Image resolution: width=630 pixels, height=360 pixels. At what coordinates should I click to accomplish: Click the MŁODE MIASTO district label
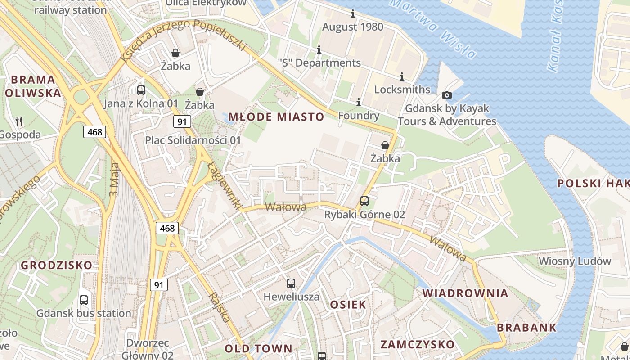[276, 117]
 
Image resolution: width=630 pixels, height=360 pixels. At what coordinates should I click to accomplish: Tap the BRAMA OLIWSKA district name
[33, 86]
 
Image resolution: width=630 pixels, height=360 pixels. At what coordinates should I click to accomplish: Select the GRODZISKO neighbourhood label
[56, 265]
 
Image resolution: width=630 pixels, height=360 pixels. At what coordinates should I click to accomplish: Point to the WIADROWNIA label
[465, 293]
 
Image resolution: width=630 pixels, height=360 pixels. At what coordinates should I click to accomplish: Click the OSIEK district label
[348, 305]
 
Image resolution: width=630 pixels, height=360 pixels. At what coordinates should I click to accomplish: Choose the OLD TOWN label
[258, 348]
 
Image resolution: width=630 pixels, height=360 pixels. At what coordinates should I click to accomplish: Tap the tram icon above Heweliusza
[291, 283]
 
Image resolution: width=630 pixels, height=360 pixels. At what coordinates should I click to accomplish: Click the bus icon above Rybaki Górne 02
[364, 201]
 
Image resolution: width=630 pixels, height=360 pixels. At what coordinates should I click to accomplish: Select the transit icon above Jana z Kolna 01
[141, 90]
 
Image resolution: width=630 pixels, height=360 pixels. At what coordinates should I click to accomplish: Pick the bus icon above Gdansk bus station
[84, 300]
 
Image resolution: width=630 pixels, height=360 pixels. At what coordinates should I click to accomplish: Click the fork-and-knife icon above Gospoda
[19, 121]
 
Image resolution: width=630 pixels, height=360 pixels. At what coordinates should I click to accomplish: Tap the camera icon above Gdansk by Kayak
[447, 95]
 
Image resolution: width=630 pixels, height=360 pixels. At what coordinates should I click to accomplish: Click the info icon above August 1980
[353, 14]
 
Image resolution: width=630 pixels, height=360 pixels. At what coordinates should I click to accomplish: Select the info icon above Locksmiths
[402, 77]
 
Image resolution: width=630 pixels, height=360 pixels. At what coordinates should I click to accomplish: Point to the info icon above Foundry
[359, 103]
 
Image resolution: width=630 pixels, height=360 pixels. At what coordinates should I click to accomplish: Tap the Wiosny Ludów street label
[575, 261]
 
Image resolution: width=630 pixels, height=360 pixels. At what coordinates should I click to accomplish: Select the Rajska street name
[220, 307]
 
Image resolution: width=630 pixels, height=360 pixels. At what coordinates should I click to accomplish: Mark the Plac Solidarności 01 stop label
[193, 140]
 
